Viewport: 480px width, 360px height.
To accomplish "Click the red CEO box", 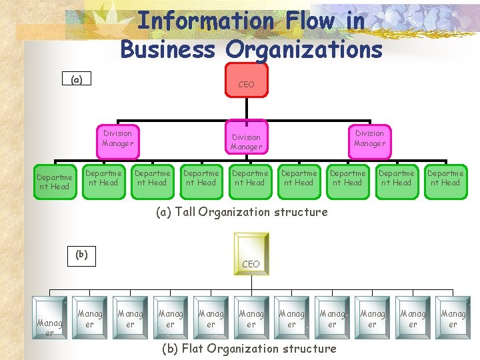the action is click(x=247, y=81).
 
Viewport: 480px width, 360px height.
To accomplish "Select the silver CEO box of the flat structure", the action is click(x=251, y=253).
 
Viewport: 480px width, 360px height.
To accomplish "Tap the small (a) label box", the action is click(x=77, y=79).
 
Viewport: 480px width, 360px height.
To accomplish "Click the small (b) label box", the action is click(x=81, y=254).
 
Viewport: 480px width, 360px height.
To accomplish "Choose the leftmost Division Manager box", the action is click(x=118, y=138).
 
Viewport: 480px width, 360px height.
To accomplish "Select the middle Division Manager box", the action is click(x=247, y=141).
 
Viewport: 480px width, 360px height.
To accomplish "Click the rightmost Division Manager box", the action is click(x=369, y=138).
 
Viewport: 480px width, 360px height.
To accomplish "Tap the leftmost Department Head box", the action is click(x=54, y=181).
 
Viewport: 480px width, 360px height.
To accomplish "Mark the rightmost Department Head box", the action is click(x=445, y=178).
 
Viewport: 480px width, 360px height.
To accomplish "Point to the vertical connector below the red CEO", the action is click(x=247, y=107).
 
